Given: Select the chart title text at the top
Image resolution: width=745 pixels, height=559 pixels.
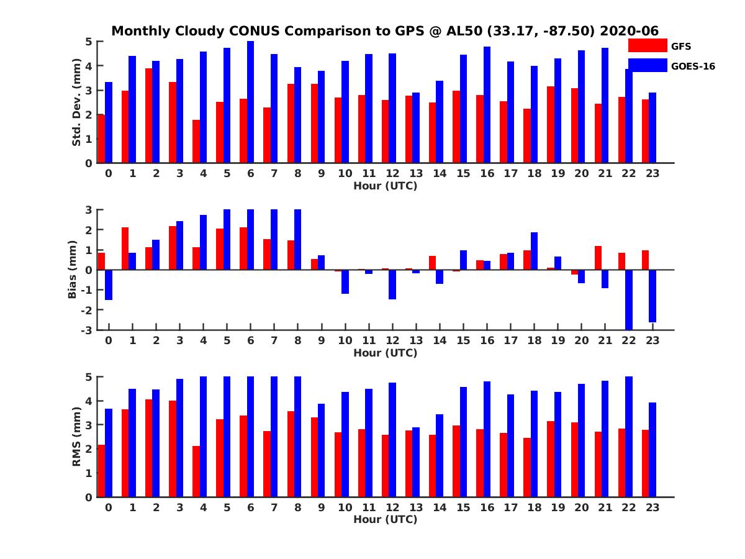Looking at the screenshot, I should (x=385, y=30).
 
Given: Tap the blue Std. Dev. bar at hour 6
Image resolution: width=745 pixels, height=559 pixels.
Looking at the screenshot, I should (x=250, y=102).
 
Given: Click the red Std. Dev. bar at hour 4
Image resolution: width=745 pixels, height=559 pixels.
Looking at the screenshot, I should (x=196, y=142).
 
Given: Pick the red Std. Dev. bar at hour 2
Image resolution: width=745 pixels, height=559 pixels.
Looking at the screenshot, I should (x=149, y=116).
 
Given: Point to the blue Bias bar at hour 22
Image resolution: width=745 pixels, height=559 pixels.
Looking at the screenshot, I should (x=629, y=299).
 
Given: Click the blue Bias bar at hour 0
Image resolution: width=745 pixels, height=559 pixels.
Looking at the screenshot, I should (x=109, y=284).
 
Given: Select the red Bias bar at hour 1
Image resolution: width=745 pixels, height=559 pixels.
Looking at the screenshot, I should (x=125, y=248).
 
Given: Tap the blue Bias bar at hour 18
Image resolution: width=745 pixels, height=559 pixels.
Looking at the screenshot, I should (x=534, y=251).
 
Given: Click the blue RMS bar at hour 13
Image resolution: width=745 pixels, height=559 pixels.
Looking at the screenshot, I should (x=416, y=462).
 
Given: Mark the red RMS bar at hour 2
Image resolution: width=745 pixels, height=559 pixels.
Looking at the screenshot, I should (x=149, y=448).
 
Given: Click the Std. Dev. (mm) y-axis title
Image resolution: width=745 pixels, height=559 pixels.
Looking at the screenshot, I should (x=77, y=102).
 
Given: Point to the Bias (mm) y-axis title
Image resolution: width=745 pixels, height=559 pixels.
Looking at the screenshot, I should (x=72, y=269).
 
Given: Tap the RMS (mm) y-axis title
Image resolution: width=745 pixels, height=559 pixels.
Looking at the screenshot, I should (x=77, y=437).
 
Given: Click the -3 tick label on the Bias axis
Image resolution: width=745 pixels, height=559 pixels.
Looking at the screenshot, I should (x=88, y=330).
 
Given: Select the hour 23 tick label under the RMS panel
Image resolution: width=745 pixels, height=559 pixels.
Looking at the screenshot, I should (x=652, y=507).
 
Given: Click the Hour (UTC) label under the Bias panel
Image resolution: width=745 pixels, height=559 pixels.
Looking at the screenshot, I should (x=385, y=353).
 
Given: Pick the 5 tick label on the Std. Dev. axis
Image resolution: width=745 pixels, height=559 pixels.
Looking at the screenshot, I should (x=89, y=42).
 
